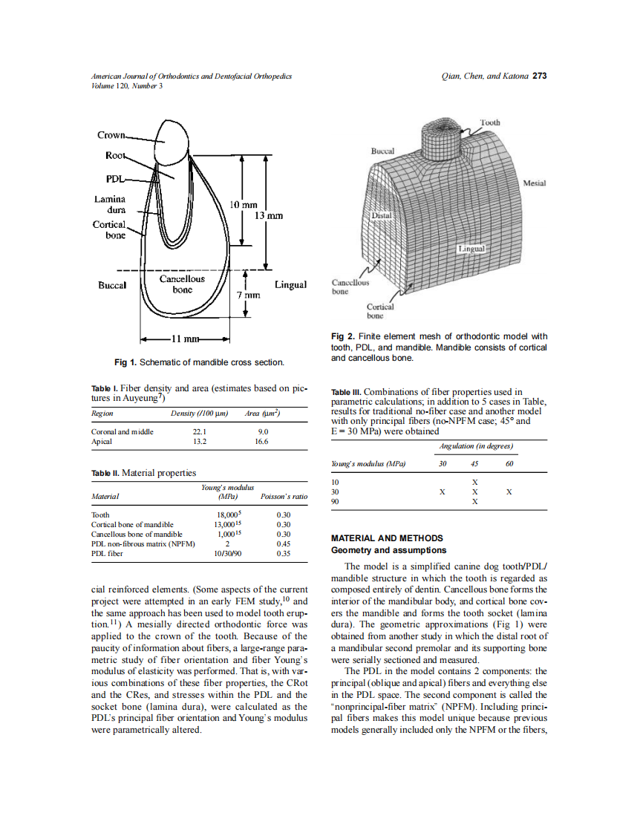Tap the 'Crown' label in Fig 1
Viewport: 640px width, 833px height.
[x=111, y=135]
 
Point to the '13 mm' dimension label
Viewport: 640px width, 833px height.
[x=269, y=215]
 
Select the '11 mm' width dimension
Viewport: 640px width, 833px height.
[x=183, y=340]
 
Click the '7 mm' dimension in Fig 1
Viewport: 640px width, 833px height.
[x=246, y=295]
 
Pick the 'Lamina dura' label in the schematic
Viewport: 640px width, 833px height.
[x=109, y=204]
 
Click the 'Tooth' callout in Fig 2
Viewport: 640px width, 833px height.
[x=489, y=122]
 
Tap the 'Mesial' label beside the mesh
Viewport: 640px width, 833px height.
[x=535, y=183]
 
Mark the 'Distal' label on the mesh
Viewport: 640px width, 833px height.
[x=381, y=215]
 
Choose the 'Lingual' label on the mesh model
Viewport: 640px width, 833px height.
[x=471, y=249]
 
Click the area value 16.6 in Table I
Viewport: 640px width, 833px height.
[x=261, y=441]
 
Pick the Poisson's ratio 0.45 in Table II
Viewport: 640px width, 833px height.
[x=283, y=543]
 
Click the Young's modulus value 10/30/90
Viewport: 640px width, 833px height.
[x=227, y=553]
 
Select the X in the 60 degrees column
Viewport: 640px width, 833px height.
[x=509, y=492]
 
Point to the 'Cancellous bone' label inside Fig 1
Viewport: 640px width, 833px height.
[x=183, y=284]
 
